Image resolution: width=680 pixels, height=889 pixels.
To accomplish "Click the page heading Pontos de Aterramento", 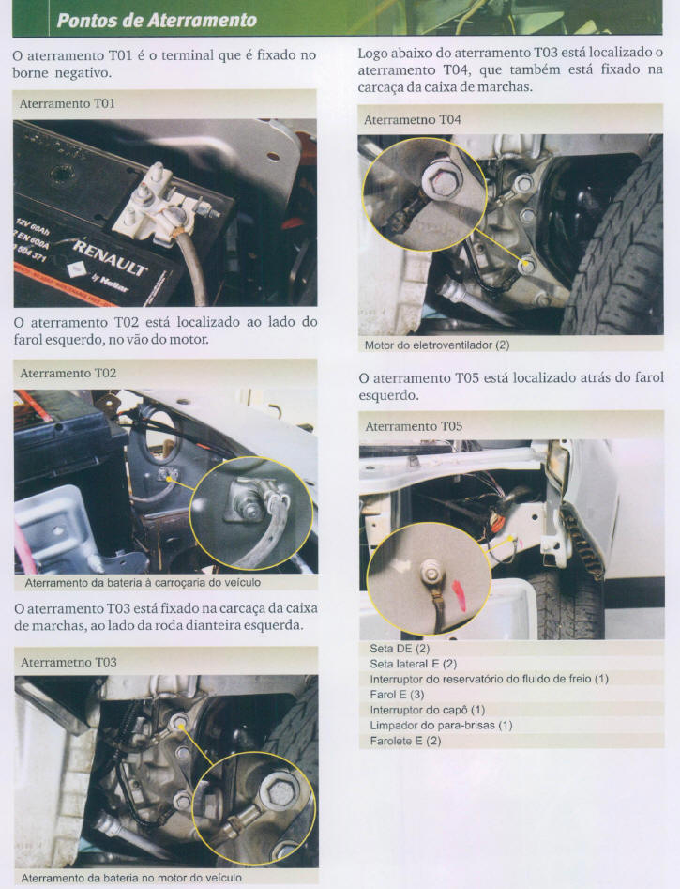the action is (x=157, y=21).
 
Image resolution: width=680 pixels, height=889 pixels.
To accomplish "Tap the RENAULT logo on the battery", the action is (x=110, y=257).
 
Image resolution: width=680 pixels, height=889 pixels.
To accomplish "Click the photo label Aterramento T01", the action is (x=67, y=104).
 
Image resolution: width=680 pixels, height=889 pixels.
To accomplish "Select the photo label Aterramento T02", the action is (x=68, y=373).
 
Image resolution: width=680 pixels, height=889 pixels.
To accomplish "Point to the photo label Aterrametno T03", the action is (x=68, y=662).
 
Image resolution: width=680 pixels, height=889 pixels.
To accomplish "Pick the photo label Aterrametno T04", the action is (x=413, y=119).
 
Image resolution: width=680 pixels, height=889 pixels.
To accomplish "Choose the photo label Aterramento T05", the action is (x=414, y=426).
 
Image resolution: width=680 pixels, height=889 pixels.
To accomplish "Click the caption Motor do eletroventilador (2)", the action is (x=437, y=345).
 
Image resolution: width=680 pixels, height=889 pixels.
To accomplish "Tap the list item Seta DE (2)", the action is (x=400, y=648).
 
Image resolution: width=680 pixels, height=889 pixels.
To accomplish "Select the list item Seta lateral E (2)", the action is (x=413, y=664).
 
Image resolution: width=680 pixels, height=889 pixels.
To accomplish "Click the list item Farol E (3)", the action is (x=397, y=694).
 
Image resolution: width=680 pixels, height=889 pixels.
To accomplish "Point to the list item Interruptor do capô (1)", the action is (x=428, y=710).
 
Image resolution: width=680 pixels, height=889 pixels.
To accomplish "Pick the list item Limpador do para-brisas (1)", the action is (x=441, y=725).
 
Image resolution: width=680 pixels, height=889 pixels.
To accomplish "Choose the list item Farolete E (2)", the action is (x=405, y=741).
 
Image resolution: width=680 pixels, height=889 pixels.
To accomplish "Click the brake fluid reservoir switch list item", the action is (x=489, y=679).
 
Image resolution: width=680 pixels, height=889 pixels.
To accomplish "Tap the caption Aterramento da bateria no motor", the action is (x=131, y=878).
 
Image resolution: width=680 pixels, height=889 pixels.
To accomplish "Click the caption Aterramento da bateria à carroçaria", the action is (x=143, y=582).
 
